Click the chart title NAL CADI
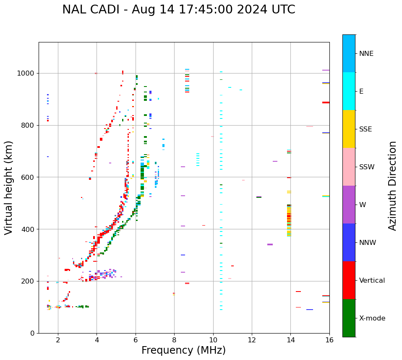click(178, 10)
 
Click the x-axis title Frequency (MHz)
click(183, 350)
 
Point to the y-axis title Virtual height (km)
click(9, 187)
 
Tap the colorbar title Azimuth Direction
click(392, 186)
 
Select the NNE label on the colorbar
click(366, 54)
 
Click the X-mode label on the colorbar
click(372, 318)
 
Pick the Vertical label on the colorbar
click(372, 281)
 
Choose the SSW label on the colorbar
click(367, 167)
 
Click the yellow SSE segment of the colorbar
click(349, 129)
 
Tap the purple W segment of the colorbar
click(349, 205)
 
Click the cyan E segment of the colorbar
click(349, 91)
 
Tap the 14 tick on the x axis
click(290, 339)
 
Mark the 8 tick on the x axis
click(174, 339)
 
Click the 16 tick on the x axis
click(329, 339)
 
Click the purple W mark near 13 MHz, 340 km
click(270, 244)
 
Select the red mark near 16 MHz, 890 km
click(326, 102)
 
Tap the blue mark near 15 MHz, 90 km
click(309, 310)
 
